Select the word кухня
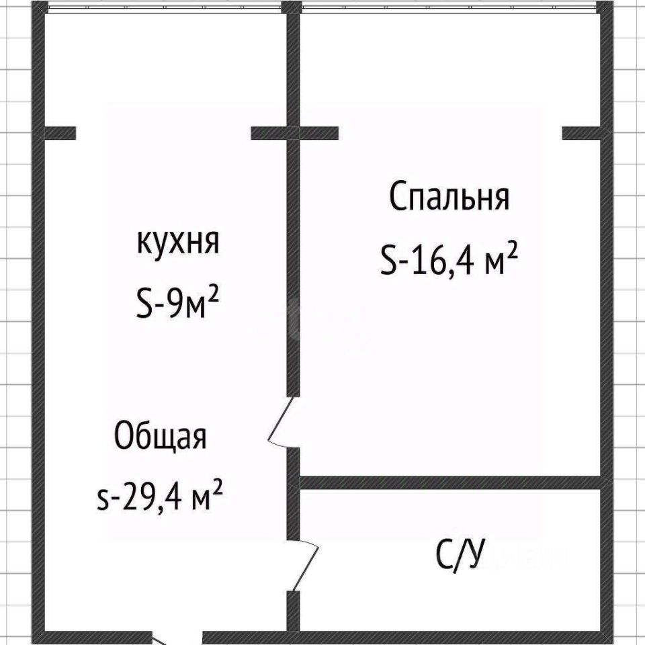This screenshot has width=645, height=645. click(178, 243)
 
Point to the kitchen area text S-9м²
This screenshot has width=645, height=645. click(177, 304)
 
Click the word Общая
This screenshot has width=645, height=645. click(160, 437)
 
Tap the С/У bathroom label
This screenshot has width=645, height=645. click(461, 555)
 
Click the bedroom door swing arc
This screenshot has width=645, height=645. click(281, 423)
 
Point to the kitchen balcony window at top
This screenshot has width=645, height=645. click(161, 7)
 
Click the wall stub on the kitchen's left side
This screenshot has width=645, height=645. click(59, 133)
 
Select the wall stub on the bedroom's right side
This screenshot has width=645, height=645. click(582, 133)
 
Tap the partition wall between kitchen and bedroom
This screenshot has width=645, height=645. click(293, 269)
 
